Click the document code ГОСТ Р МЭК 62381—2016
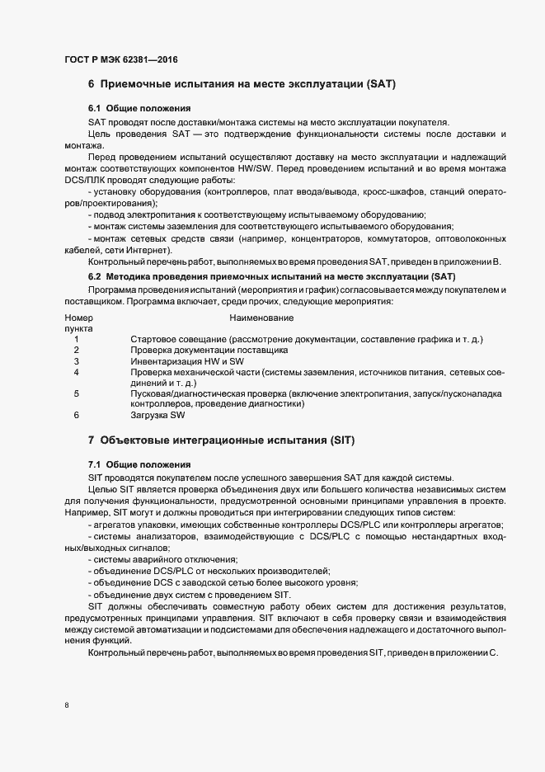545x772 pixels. [x=120, y=59]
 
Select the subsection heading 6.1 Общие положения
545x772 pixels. [x=139, y=109]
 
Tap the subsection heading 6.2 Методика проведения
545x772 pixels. [x=272, y=275]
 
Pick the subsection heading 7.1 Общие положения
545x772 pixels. [x=139, y=465]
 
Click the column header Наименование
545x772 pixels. [x=261, y=318]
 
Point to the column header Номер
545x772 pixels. [x=78, y=318]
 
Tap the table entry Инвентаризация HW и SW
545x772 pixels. [x=187, y=361]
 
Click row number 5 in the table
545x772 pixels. [x=76, y=394]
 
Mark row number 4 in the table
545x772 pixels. [x=76, y=372]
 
